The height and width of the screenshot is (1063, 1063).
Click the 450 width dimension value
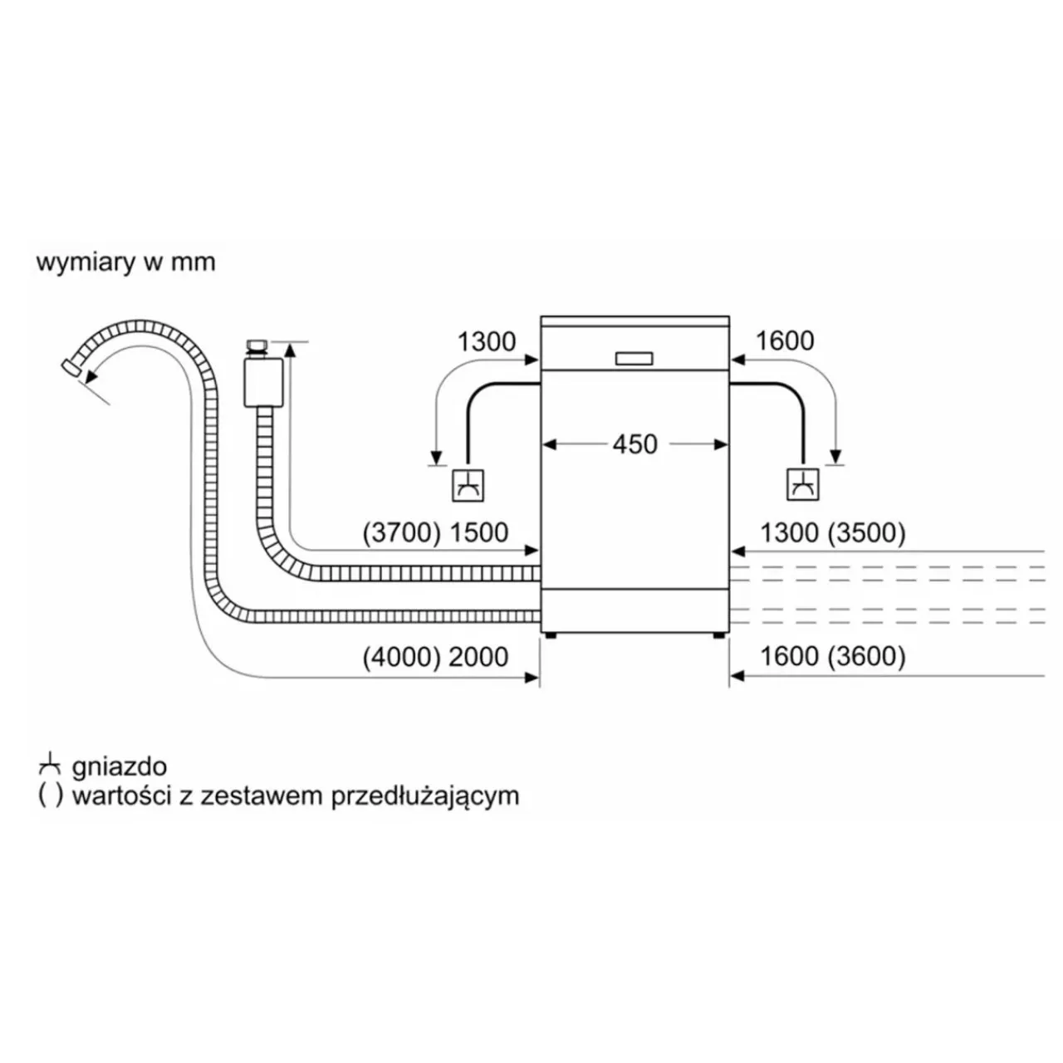[634, 444]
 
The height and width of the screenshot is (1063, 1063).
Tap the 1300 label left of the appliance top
[486, 341]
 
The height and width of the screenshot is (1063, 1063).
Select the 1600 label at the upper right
[784, 341]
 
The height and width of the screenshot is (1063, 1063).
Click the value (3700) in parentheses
[402, 533]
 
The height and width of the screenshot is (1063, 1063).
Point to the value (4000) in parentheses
[402, 657]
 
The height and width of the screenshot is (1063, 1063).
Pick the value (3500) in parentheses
[866, 533]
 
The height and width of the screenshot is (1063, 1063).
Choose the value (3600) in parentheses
[866, 656]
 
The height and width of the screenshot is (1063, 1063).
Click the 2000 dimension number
[478, 657]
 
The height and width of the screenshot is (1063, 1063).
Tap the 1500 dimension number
[479, 533]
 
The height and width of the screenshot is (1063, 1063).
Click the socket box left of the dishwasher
[468, 486]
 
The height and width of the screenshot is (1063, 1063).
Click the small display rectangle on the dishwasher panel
[634, 359]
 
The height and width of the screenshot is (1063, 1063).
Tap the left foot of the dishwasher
[550, 635]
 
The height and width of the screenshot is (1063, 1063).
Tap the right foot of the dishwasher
[719, 635]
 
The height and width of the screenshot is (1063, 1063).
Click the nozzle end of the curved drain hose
[71, 367]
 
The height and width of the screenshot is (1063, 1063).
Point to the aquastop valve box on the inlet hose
[262, 381]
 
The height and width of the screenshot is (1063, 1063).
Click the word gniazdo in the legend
[119, 767]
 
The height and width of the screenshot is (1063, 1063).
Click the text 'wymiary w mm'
[125, 262]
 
